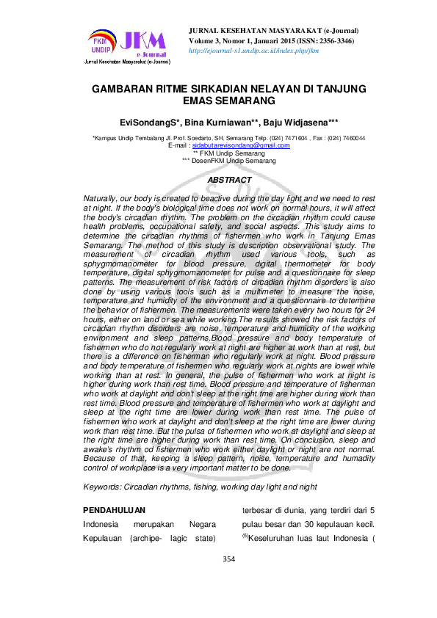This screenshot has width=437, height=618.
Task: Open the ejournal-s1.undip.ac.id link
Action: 253,51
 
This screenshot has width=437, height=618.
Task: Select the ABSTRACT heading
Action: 230,180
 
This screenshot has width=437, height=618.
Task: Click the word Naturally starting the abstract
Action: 104,200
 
